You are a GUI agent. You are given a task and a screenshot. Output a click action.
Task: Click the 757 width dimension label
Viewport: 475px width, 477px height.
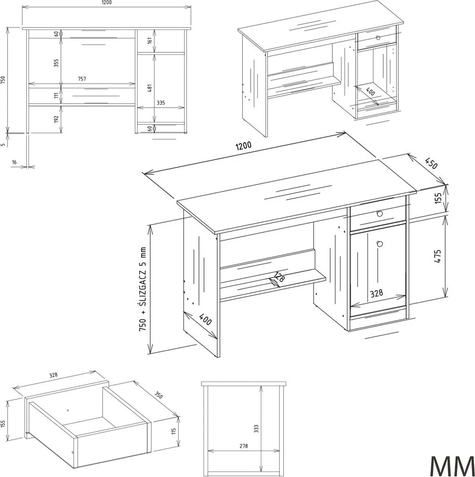click(x=82, y=79)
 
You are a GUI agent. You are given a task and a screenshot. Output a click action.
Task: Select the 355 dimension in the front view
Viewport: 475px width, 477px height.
click(x=56, y=63)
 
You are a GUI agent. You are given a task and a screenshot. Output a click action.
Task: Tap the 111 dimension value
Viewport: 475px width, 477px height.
click(x=56, y=96)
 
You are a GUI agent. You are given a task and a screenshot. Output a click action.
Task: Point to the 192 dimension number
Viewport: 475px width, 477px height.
click(x=56, y=119)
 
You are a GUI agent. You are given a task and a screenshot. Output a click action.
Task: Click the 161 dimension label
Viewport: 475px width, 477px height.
click(x=150, y=41)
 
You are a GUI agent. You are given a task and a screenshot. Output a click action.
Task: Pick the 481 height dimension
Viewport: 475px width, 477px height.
click(x=150, y=88)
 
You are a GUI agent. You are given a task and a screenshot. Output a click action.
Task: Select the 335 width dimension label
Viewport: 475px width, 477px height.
click(x=161, y=103)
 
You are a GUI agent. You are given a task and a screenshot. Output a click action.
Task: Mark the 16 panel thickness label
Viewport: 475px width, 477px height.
click(x=14, y=163)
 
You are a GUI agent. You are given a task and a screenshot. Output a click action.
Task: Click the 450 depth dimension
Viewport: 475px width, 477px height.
click(x=431, y=163)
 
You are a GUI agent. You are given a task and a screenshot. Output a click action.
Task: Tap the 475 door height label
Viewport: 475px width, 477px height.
click(x=437, y=256)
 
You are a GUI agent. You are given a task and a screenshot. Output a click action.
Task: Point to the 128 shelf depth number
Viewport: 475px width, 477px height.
click(x=279, y=277)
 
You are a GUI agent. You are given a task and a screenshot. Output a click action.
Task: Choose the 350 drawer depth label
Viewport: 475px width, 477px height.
click(x=158, y=395)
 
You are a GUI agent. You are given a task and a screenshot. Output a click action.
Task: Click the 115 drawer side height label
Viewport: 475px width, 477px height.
click(x=174, y=431)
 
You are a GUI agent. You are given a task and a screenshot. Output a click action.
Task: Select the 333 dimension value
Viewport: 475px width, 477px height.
click(x=256, y=429)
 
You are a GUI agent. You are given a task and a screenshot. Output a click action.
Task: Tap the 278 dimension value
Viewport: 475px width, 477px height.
click(x=244, y=446)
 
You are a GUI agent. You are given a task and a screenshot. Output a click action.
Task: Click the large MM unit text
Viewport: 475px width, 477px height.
click(x=451, y=465)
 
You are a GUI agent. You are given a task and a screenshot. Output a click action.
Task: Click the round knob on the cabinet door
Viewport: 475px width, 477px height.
click(x=379, y=244)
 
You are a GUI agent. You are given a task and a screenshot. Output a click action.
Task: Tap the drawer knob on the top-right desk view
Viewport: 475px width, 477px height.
click(x=378, y=38)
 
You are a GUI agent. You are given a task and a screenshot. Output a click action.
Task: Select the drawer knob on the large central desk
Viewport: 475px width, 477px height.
click(x=379, y=213)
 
